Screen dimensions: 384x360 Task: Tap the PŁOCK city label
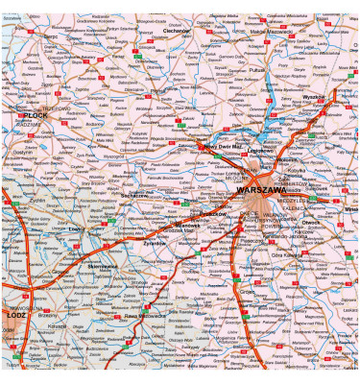tap(37, 115)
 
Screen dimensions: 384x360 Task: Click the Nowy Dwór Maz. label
tap(202, 146)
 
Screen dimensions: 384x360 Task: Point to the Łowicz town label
tap(74, 229)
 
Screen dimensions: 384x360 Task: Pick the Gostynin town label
tap(24, 153)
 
